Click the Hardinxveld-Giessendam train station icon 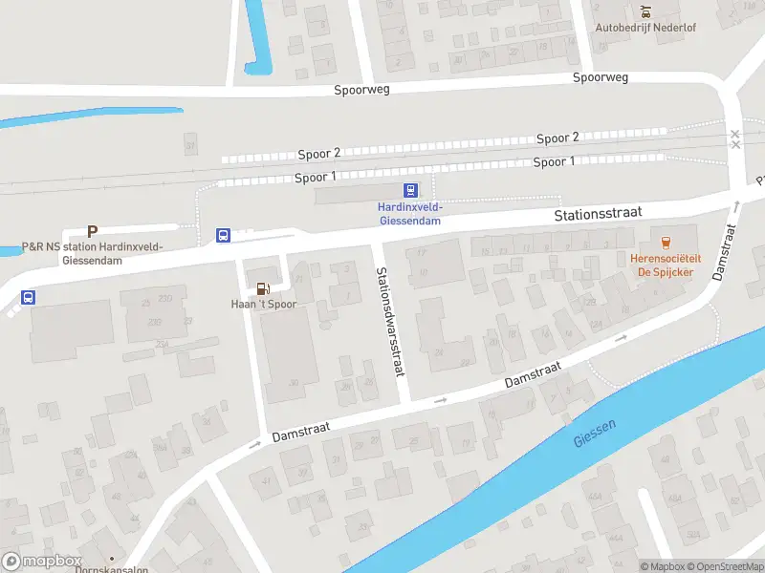[410, 190]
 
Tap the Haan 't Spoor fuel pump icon [262, 287]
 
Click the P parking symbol [93, 231]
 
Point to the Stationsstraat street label [598, 215]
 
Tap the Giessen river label [597, 435]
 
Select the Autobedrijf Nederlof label [645, 28]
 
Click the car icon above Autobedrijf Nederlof [645, 11]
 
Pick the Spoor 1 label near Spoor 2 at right [554, 162]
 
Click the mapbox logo [42, 562]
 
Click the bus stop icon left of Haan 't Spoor [223, 235]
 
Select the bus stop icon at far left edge [28, 297]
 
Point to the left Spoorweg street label [361, 91]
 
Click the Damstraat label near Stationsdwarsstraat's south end [533, 373]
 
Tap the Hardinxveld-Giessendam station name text [408, 214]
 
